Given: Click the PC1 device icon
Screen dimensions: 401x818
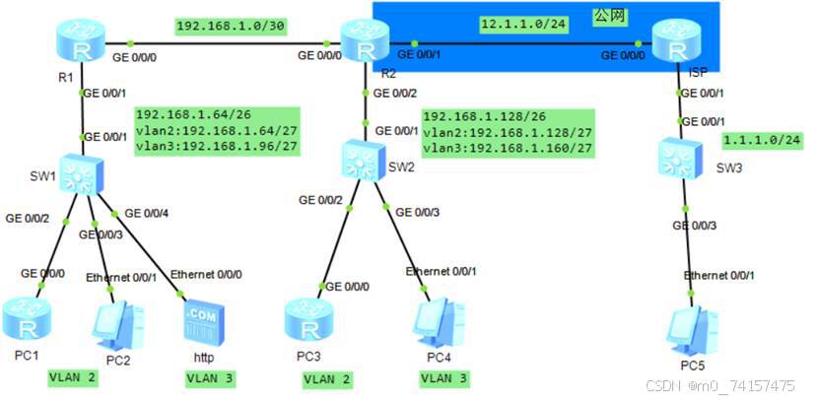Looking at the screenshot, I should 23,314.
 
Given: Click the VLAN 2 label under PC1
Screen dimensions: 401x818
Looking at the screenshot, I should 73,376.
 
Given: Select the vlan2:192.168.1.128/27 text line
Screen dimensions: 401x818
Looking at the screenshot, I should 507,131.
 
